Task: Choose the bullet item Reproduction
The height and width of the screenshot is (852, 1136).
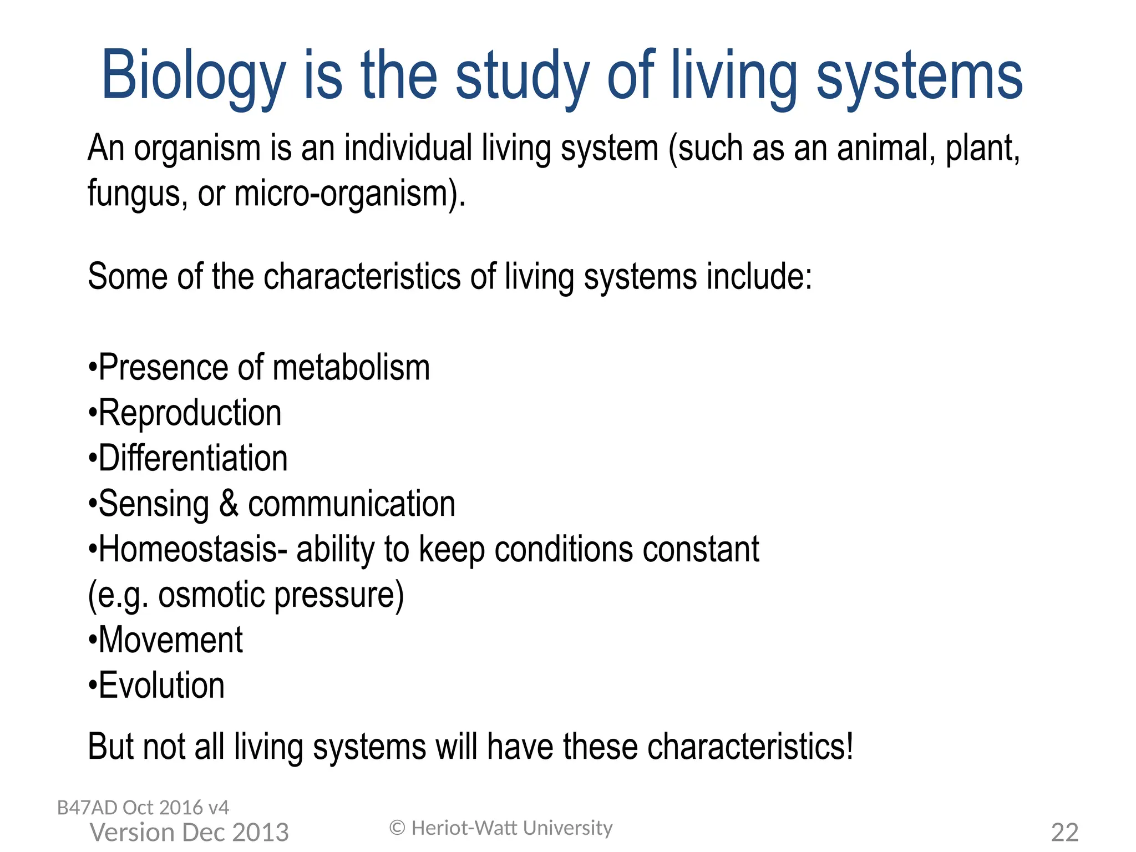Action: (x=190, y=413)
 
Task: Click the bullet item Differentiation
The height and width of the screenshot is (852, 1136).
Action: (x=193, y=459)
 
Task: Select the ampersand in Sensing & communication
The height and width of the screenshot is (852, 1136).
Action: (x=229, y=504)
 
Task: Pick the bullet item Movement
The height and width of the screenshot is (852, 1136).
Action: (x=170, y=640)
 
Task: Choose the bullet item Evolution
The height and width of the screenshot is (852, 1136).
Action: (x=161, y=686)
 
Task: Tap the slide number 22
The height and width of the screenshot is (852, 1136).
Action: (x=1064, y=833)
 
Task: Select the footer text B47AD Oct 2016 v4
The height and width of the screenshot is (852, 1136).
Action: (x=143, y=808)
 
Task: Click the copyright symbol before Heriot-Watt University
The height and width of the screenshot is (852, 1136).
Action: (x=397, y=828)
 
